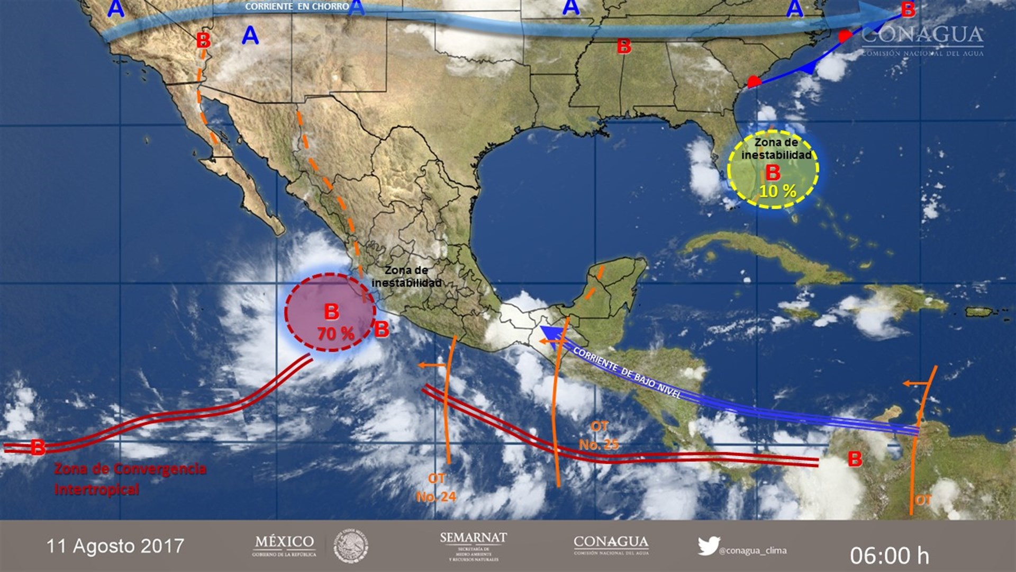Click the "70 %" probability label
click(335, 334)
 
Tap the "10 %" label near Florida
click(777, 191)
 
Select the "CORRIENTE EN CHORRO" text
click(297, 7)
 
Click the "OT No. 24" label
click(436, 488)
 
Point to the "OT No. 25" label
click(598, 435)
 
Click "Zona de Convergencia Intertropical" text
click(130, 478)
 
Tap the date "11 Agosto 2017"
click(115, 546)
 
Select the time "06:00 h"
click(890, 556)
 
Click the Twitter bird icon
click(708, 546)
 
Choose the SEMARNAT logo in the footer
click(473, 546)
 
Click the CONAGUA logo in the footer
click(611, 545)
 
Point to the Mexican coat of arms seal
click(351, 546)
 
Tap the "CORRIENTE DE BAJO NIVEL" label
click(627, 374)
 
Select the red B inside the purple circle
click(332, 312)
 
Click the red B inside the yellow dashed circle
click(773, 173)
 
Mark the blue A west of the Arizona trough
click(116, 9)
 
